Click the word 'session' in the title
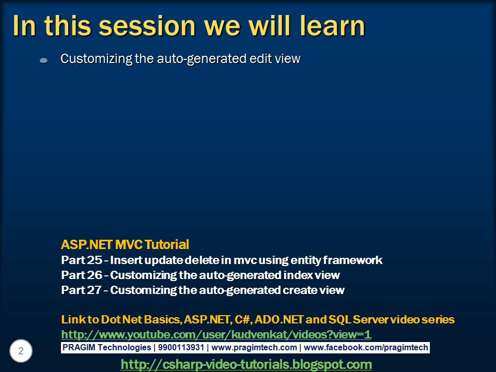coord(136,26)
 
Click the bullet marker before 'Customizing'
coord(44,60)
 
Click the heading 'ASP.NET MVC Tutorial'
coord(125,244)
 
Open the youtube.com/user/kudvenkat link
coord(216,334)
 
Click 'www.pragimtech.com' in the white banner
coord(254,348)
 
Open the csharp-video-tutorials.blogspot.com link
coord(246,364)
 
